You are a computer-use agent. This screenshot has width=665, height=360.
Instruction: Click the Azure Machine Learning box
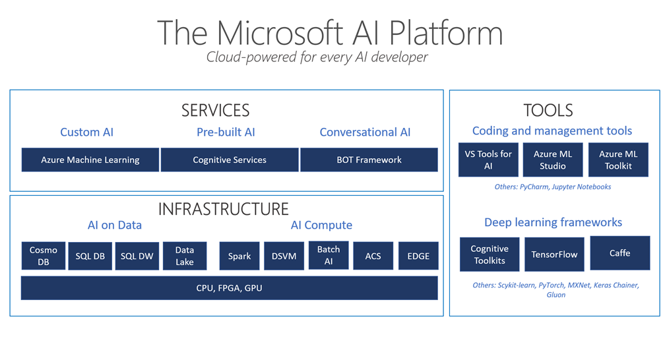90,160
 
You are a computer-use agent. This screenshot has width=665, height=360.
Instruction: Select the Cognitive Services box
230,160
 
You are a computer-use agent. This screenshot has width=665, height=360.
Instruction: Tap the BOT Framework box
369,160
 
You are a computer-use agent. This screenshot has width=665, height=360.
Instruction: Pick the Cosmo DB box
44,256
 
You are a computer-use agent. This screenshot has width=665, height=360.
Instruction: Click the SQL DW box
137,256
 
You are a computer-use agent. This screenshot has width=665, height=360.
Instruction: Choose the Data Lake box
185,256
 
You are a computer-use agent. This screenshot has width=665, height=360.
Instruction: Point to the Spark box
239,256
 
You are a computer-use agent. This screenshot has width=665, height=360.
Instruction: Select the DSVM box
284,256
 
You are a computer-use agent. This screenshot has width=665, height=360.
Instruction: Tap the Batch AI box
329,256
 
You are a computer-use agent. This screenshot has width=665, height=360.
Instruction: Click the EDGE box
418,256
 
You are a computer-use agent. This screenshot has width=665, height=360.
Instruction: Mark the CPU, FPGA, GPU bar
230,288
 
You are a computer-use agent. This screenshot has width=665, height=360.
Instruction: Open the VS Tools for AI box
488,160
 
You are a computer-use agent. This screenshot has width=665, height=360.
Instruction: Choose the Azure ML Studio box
553,160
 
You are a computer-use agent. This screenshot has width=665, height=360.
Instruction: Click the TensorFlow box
554,255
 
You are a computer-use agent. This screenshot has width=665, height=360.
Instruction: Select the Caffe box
619,253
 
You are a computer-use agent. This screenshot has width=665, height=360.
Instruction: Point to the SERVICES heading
215,110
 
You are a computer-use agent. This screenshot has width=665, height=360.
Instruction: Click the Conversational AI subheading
365,132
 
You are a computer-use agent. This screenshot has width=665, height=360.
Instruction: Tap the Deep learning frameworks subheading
553,222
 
